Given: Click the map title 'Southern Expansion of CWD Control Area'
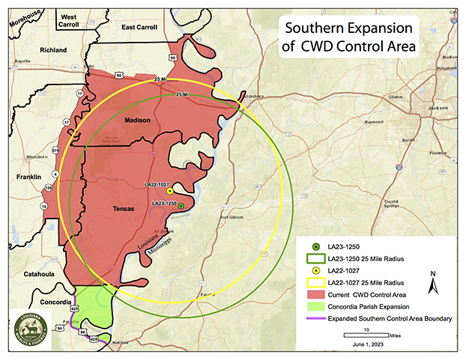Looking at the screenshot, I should pyautogui.click(x=350, y=37).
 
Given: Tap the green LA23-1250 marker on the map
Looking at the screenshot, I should pyautogui.click(x=181, y=204).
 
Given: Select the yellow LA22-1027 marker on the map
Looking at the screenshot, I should pyautogui.click(x=170, y=192).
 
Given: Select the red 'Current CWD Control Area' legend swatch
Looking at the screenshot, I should pyautogui.click(x=316, y=294).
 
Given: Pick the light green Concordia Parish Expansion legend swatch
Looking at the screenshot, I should pyautogui.click(x=316, y=307).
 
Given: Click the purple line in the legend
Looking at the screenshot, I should pyautogui.click(x=316, y=319).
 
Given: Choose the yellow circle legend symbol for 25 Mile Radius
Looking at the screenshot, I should pyautogui.click(x=316, y=283).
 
